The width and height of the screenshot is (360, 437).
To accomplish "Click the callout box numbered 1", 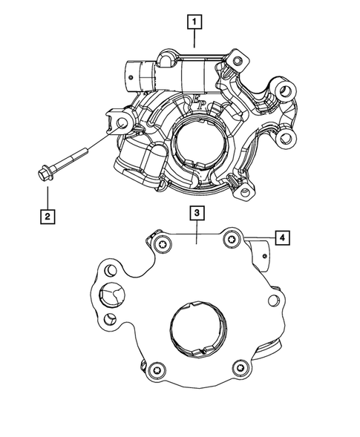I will tap(194, 23).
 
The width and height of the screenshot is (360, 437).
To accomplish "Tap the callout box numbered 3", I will tap(195, 214).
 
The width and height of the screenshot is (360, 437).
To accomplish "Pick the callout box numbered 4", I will tap(282, 237).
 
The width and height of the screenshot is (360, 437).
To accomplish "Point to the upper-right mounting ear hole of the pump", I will tap(284, 93).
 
